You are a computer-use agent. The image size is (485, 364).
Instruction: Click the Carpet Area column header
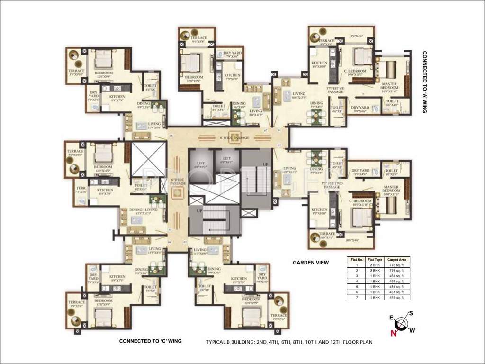click(x=397, y=260)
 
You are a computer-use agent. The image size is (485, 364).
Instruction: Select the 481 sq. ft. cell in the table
click(x=397, y=286)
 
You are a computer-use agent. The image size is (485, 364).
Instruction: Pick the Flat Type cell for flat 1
click(x=375, y=265)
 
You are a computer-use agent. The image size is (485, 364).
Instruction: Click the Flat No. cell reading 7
click(x=356, y=297)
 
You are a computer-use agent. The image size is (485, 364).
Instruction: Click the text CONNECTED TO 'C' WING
click(x=150, y=341)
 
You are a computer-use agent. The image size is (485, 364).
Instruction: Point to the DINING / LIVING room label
click(x=144, y=209)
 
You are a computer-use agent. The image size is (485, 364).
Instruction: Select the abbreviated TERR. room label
click(x=80, y=187)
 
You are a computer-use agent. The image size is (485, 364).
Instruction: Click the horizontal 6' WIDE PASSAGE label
click(x=234, y=137)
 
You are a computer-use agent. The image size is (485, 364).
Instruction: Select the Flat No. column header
click(x=356, y=260)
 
